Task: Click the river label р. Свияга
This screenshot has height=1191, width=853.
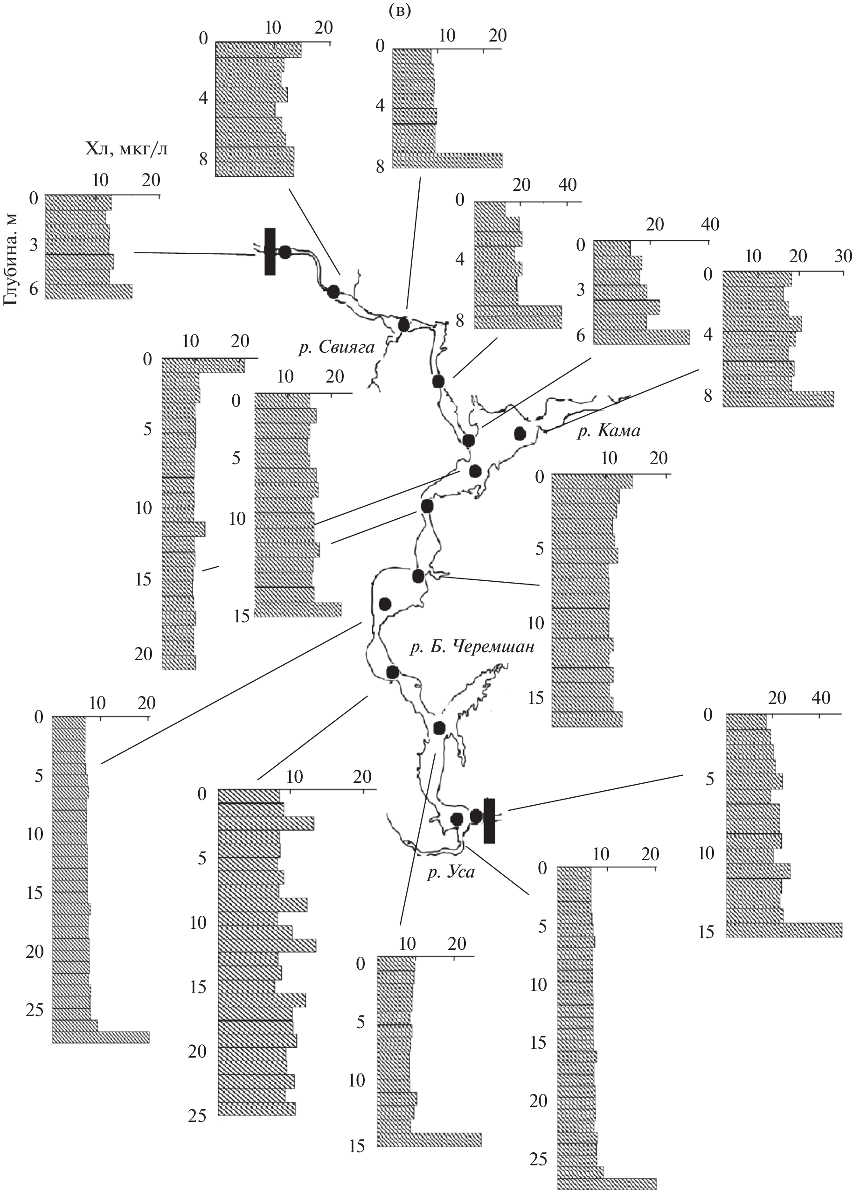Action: (336, 348)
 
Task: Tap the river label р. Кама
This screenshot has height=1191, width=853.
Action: (609, 432)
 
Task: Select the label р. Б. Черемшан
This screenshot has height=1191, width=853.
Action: (472, 647)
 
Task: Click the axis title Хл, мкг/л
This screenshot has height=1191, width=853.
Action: (126, 150)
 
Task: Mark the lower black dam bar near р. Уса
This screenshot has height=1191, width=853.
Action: (489, 821)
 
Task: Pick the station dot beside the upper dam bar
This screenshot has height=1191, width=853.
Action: (284, 252)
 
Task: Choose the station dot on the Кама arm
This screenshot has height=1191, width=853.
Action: (520, 433)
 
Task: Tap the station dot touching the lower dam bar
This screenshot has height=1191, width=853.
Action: (476, 816)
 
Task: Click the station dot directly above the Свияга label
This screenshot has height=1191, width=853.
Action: (404, 324)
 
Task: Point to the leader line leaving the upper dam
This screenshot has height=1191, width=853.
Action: (194, 254)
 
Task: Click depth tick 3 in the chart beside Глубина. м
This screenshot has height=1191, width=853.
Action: (33, 246)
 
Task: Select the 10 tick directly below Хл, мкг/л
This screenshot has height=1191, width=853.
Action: (100, 180)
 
